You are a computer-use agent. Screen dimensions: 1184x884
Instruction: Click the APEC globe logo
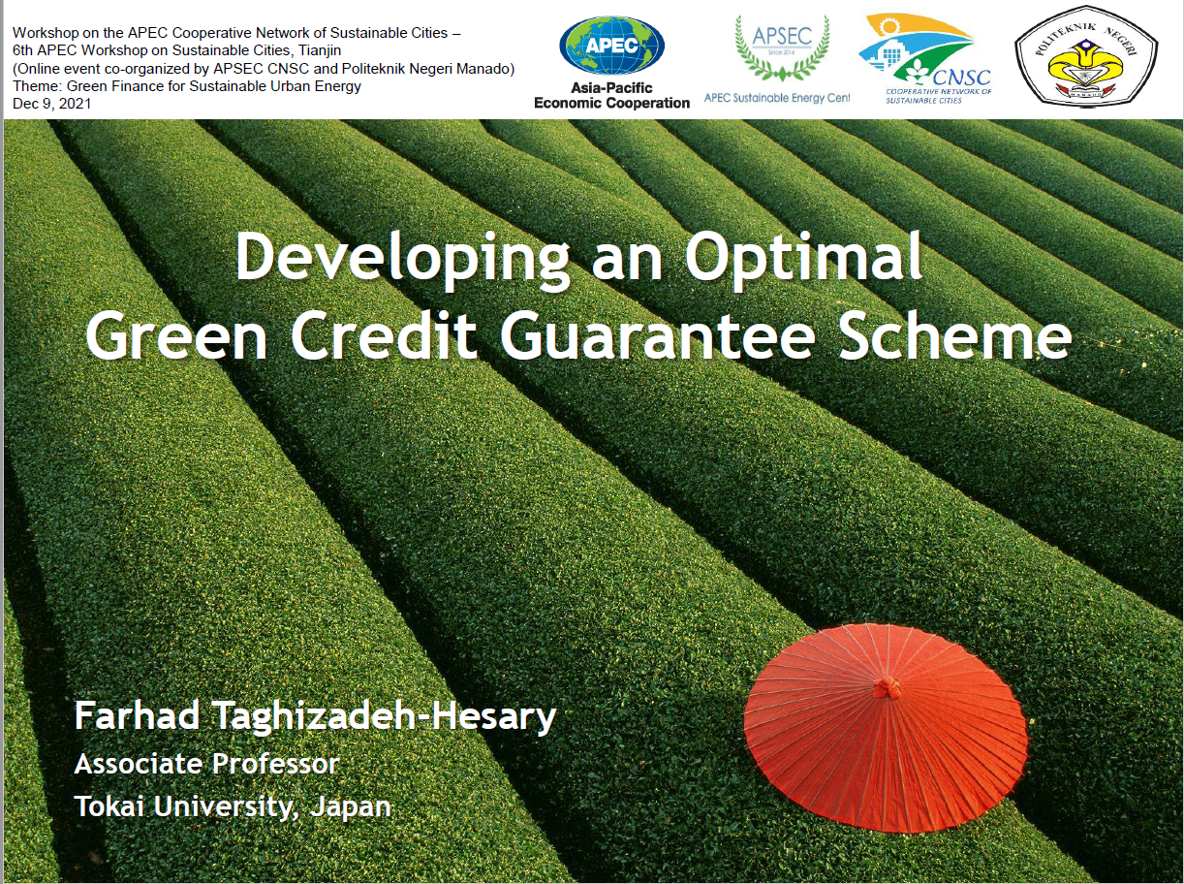click(611, 46)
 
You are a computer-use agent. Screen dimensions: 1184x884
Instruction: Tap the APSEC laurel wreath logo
click(782, 48)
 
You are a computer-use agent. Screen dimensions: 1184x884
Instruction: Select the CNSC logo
click(925, 58)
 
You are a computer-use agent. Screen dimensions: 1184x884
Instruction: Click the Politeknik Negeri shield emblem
click(1086, 55)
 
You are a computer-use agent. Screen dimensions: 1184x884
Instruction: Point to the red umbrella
click(886, 728)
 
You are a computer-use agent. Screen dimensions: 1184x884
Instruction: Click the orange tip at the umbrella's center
click(886, 687)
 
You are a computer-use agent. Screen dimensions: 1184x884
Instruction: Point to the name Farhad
click(137, 715)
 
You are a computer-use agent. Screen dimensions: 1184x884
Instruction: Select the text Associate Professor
click(207, 764)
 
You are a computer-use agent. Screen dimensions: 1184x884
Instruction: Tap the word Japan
click(351, 807)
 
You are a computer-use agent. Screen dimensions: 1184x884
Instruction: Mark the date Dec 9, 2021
click(51, 104)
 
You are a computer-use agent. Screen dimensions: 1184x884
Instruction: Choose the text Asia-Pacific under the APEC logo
click(611, 87)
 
